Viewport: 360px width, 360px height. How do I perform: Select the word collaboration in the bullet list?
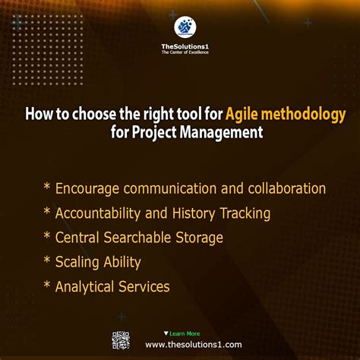[282, 188]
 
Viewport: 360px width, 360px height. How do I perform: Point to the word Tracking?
[245, 213]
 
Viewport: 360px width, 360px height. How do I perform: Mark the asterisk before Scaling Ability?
[47, 262]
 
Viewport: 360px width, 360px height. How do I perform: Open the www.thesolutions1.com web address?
[194, 344]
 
